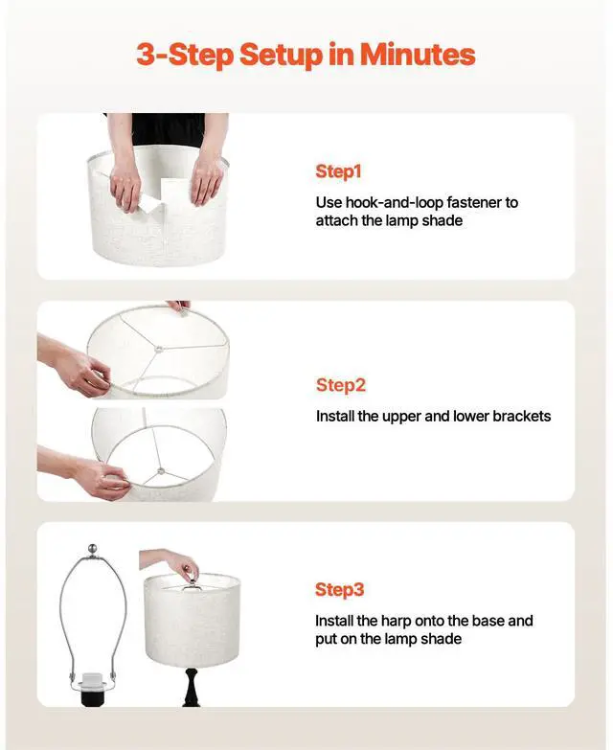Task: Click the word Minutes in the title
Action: tap(418, 55)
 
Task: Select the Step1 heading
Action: tap(339, 172)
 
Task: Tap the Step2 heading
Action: tap(341, 385)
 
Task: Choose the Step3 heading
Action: tap(340, 590)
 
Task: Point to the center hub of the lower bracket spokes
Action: tap(160, 471)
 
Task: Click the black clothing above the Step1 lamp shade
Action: tap(168, 128)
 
